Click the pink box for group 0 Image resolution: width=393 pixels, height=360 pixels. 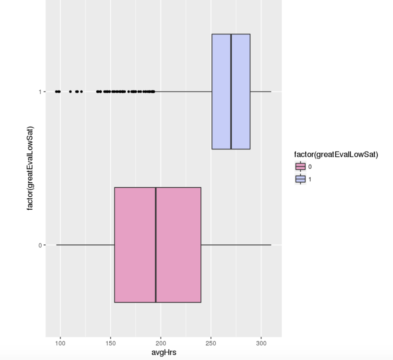(134, 245)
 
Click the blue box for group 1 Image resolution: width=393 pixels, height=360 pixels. (241, 92)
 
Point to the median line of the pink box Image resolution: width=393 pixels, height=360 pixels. (156, 245)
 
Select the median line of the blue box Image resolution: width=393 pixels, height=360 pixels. (231, 92)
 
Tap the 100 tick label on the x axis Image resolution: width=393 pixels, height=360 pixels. (60, 343)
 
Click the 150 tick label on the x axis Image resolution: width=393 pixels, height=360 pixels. (110, 343)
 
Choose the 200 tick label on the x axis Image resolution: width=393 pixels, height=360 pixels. (160, 343)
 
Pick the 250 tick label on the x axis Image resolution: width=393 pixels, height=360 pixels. (211, 343)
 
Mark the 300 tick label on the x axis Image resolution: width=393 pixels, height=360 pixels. (261, 343)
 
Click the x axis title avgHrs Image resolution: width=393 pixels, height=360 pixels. (163, 353)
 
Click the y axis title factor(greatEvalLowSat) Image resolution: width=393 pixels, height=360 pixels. (30, 168)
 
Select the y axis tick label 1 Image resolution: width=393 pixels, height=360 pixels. (40, 92)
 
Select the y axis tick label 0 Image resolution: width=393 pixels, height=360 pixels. (40, 245)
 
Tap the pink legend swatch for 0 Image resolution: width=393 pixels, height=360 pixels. (300, 167)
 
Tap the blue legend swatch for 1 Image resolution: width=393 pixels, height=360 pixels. (300, 179)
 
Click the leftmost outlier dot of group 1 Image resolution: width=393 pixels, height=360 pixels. (57, 92)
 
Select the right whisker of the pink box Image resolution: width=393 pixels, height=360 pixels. (236, 245)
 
